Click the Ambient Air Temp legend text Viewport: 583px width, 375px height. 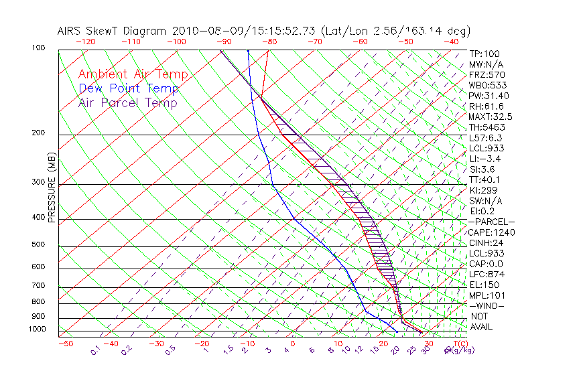point(133,75)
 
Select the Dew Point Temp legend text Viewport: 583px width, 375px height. point(128,89)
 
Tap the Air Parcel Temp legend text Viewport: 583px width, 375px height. point(127,103)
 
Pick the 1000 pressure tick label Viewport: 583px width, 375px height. point(39,329)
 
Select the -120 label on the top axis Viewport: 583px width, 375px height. point(86,42)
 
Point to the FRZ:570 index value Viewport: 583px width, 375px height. point(487,75)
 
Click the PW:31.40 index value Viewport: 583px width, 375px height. point(489,96)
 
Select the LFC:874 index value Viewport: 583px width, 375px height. point(487,274)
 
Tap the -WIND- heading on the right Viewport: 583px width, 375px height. point(486,305)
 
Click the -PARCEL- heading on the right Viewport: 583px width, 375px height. point(491,222)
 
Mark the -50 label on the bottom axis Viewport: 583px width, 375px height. point(65,344)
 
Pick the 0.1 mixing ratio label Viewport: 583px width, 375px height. point(96,350)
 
